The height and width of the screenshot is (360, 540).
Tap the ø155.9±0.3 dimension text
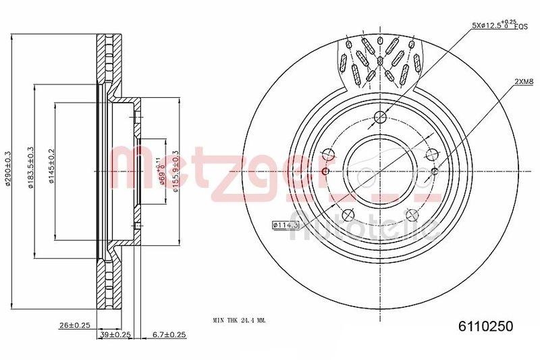[175, 172]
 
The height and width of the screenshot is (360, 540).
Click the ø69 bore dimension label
[161, 173]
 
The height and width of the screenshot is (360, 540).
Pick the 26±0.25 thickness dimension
[74, 325]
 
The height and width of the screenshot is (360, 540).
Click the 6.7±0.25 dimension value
[168, 334]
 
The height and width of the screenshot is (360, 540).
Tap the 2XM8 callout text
[524, 81]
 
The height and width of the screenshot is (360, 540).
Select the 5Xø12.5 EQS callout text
[499, 25]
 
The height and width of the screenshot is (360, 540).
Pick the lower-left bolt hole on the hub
[348, 215]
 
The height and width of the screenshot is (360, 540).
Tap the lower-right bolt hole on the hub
[412, 215]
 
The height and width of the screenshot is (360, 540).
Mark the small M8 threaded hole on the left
[325, 172]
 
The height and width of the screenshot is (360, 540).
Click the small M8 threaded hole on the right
[434, 172]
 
